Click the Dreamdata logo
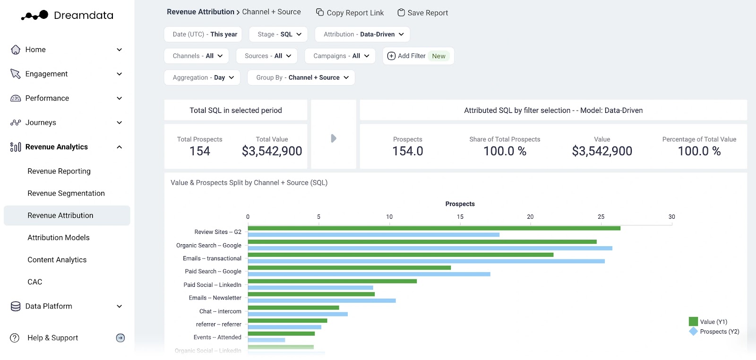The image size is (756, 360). [x=67, y=15]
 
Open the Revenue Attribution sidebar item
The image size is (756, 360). [x=60, y=215]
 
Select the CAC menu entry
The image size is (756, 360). [x=35, y=282]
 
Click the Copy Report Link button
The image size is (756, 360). [x=350, y=13]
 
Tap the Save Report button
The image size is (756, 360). [x=422, y=13]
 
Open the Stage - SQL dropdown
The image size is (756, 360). [x=279, y=34]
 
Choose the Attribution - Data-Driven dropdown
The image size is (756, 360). [x=362, y=34]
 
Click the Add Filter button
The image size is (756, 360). [x=418, y=56]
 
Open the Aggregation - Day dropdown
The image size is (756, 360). [x=202, y=77]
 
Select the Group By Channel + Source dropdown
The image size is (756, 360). [x=301, y=77]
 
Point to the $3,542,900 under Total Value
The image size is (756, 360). [x=272, y=151]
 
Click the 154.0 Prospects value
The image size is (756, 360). [x=408, y=151]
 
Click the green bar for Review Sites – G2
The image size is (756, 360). [x=434, y=228]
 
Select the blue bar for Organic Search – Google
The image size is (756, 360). [x=430, y=248]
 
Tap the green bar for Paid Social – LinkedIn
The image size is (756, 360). [x=332, y=281]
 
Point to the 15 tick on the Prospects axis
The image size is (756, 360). [x=460, y=217]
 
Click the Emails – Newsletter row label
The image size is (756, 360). [x=215, y=298]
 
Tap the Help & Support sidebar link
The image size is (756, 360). [x=52, y=338]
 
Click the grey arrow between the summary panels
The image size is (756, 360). [x=334, y=138]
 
